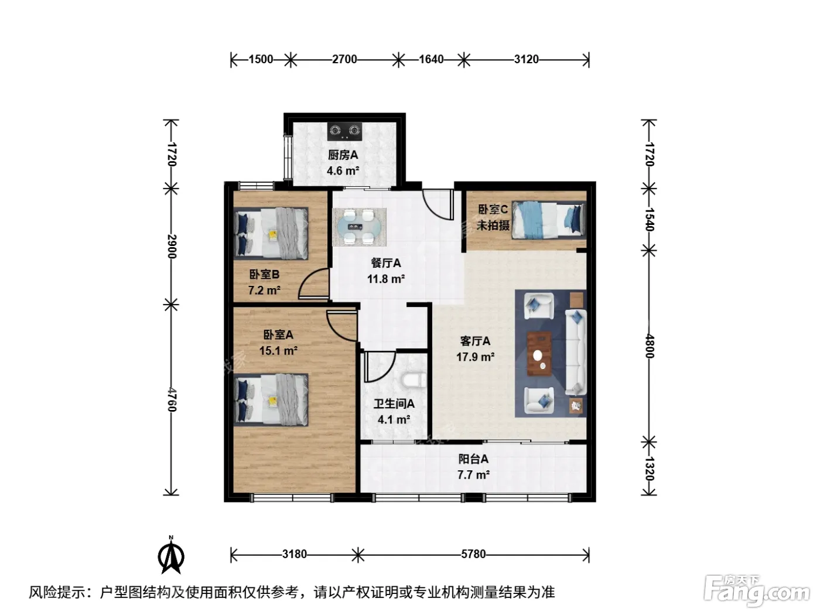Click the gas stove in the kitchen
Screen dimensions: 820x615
point(345,131)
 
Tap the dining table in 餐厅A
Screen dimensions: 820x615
point(360,227)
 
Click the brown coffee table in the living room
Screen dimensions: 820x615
point(539,353)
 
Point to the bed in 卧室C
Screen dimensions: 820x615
point(548,220)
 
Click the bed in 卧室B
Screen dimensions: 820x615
point(271,233)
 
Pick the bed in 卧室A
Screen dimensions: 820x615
point(271,400)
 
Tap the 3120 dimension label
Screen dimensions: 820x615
point(526,59)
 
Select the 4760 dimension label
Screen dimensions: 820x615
point(172,399)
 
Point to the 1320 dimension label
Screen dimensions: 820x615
point(650,469)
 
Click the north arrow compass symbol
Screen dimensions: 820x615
point(171,555)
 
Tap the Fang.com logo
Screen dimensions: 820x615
point(757,592)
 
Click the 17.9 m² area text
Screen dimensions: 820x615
point(475,357)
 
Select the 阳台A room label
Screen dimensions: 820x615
point(473,459)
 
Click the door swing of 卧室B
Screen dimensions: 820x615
point(314,284)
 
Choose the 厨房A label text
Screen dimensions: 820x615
point(343,155)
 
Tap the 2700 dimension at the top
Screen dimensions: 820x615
point(344,59)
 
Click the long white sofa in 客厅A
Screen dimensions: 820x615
point(576,352)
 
